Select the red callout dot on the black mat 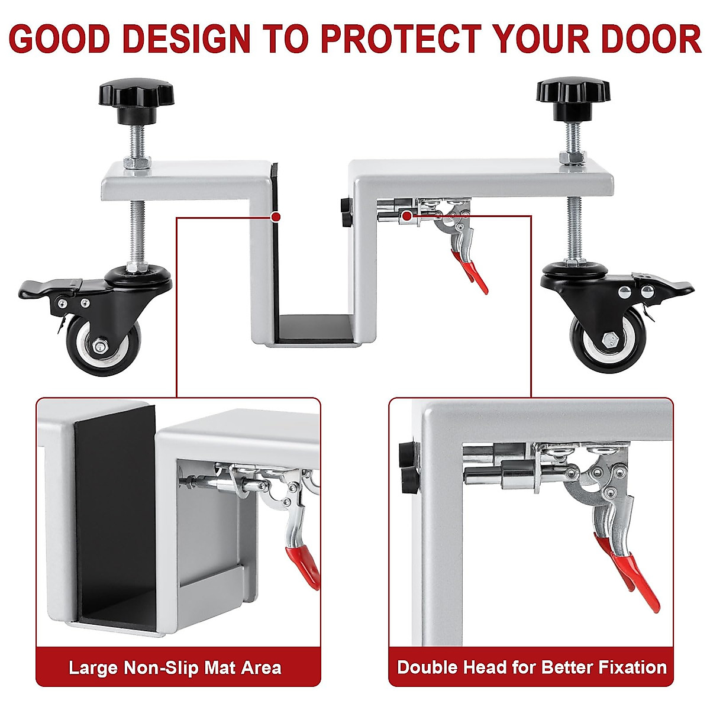(275, 217)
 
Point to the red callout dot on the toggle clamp (406, 217)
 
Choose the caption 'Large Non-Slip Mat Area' (175, 668)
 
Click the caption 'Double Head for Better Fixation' (531, 667)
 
